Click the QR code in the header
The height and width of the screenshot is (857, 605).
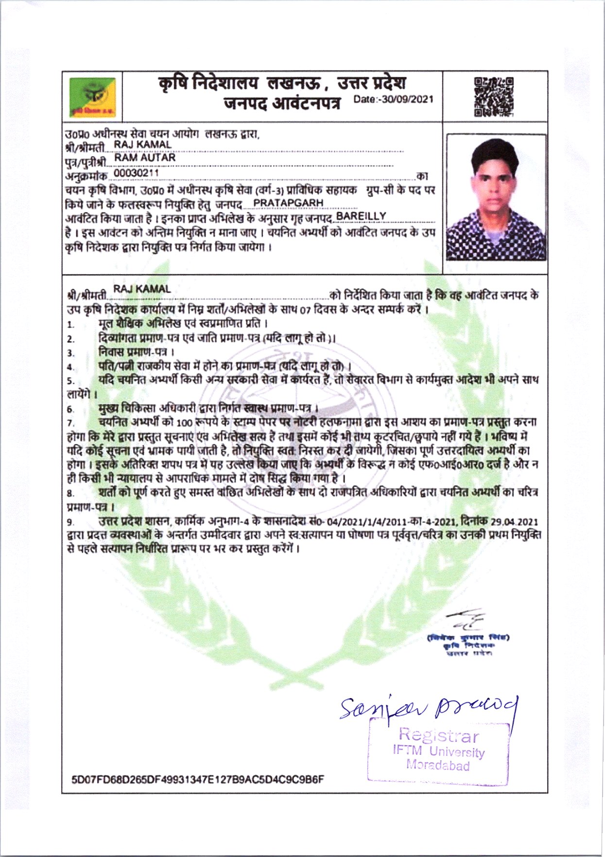pos(494,97)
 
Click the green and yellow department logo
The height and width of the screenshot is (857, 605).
pos(92,97)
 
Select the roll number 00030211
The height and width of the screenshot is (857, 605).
pos(136,173)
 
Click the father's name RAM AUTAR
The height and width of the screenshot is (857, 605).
pos(145,157)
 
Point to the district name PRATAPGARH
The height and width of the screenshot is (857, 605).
pos(288,202)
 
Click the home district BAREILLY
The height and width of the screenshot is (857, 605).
pos(361,216)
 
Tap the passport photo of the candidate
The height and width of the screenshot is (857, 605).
pos(496,198)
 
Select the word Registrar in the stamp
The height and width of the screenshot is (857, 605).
pos(439,735)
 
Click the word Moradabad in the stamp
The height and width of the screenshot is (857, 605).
pos(438,765)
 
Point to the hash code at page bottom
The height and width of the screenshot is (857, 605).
pos(198,780)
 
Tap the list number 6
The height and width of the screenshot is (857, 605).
pos(70,409)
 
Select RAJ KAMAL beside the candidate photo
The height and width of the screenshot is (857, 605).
pos(142,144)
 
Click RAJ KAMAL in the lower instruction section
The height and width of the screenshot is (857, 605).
pos(142,289)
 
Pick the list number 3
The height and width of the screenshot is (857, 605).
pos(70,353)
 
